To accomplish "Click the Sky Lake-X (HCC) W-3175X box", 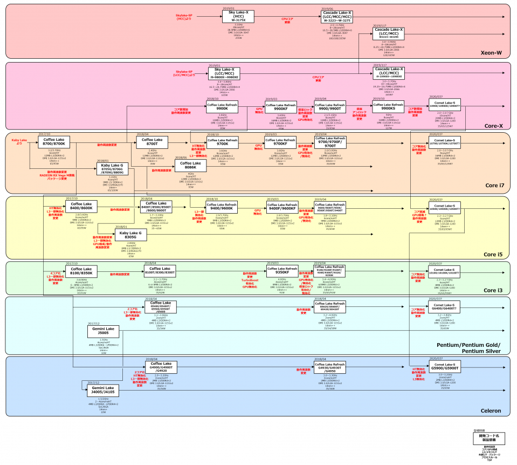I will pos(238,17).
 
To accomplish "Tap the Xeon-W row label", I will pos(491,53).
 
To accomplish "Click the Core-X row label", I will pos(493,126).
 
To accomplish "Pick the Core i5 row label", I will pos(493,254).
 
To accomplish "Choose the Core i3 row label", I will pos(493,290).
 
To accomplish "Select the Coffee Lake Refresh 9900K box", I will pos(222,107).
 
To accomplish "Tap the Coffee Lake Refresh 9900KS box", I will pos(388,107).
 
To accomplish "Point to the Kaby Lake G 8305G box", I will pos(129,235).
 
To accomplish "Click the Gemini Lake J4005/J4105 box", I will pos(103,390).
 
